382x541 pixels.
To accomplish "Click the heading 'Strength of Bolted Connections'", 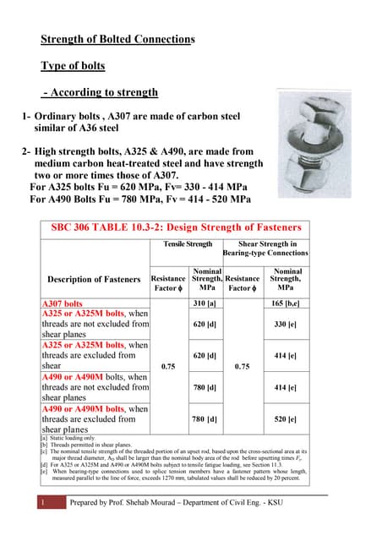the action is pyautogui.click(x=118, y=39).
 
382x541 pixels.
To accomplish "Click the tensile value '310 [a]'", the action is pyautogui.click(x=205, y=303).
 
